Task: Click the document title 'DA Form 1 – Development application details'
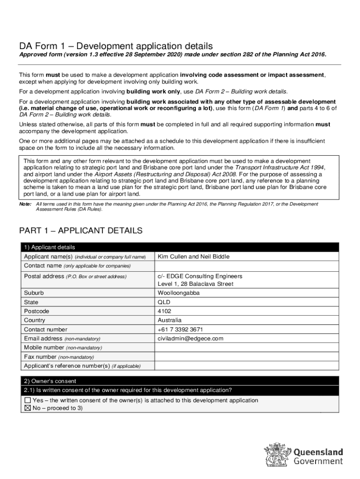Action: (x=115, y=46)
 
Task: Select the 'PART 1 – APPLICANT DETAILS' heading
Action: (x=80, y=231)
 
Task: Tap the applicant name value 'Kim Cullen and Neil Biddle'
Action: (x=194, y=257)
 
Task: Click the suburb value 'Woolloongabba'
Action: (x=179, y=293)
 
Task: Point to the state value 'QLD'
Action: (x=164, y=302)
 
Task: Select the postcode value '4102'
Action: (x=165, y=311)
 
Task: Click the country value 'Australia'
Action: (x=170, y=320)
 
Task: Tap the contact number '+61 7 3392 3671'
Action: (x=180, y=329)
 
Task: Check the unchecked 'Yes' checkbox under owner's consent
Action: (x=28, y=400)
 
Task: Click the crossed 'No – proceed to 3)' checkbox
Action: (x=28, y=408)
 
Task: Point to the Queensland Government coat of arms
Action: (x=277, y=456)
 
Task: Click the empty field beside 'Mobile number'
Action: (x=246, y=348)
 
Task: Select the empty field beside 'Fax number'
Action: (x=246, y=356)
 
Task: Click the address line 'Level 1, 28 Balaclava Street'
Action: (x=195, y=284)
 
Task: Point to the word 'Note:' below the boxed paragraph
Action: (x=25, y=204)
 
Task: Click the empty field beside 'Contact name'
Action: (x=246, y=266)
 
